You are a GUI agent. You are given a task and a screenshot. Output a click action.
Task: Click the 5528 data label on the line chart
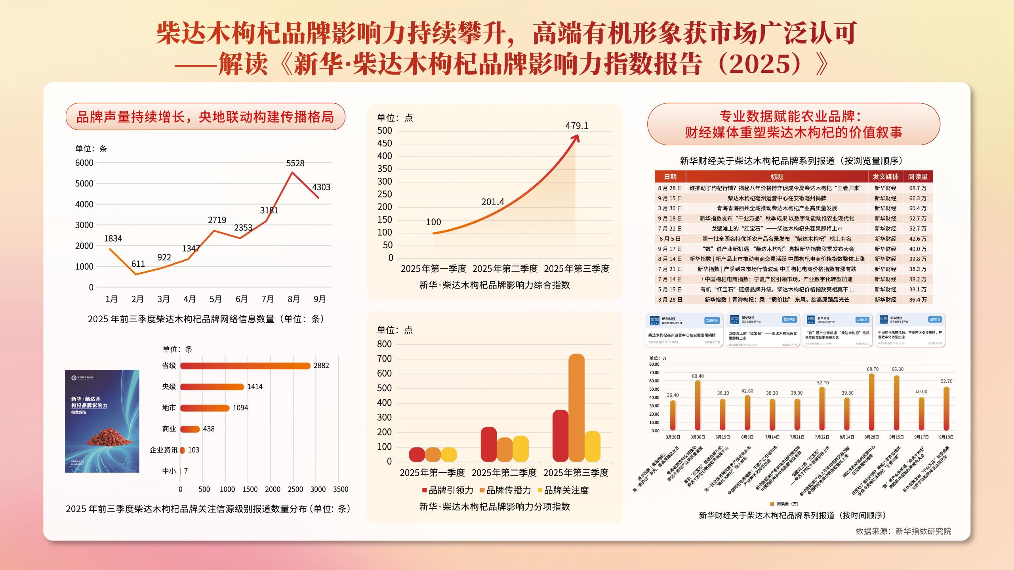[295, 163]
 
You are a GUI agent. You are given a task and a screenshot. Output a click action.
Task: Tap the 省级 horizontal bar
[245, 366]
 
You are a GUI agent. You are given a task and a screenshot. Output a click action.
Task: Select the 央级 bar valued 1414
[212, 387]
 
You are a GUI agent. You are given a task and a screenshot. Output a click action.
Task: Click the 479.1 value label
[577, 126]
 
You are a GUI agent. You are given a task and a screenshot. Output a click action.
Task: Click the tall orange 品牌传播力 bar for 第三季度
[576, 408]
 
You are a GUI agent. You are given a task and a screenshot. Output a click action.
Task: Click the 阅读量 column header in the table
[918, 177]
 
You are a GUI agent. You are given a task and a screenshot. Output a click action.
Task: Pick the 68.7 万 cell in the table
[918, 188]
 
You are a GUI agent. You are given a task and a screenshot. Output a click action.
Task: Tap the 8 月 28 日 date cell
[670, 188]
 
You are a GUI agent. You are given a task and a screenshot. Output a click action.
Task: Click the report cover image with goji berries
[102, 421]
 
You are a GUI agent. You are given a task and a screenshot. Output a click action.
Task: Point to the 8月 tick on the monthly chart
[294, 299]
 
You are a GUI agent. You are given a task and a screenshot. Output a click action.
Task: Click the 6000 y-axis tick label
[84, 163]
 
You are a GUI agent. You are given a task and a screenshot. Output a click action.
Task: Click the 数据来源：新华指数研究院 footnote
[903, 531]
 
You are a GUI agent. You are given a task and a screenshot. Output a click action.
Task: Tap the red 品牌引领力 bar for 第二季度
[488, 444]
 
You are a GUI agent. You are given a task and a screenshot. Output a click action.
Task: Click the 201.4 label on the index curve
[492, 202]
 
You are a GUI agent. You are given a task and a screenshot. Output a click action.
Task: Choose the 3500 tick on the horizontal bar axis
[341, 489]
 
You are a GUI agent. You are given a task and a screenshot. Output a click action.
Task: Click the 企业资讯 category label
[164, 450]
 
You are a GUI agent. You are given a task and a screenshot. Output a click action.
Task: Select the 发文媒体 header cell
[885, 177]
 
